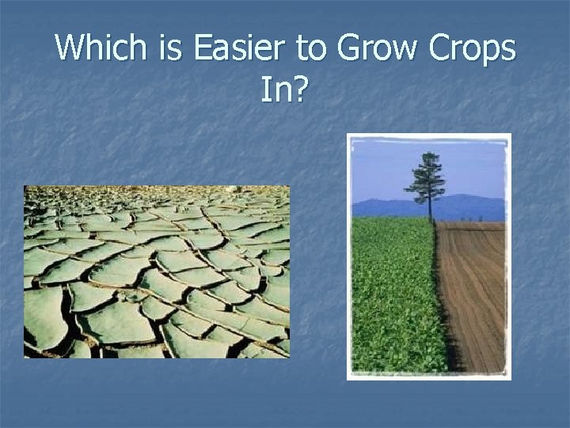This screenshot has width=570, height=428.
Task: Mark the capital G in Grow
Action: [349, 49]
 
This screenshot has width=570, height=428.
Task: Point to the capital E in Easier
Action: [203, 49]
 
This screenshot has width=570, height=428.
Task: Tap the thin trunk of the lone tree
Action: [430, 210]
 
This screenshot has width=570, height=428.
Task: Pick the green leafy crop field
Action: [392, 293]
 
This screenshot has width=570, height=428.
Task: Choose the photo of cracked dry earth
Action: [157, 271]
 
